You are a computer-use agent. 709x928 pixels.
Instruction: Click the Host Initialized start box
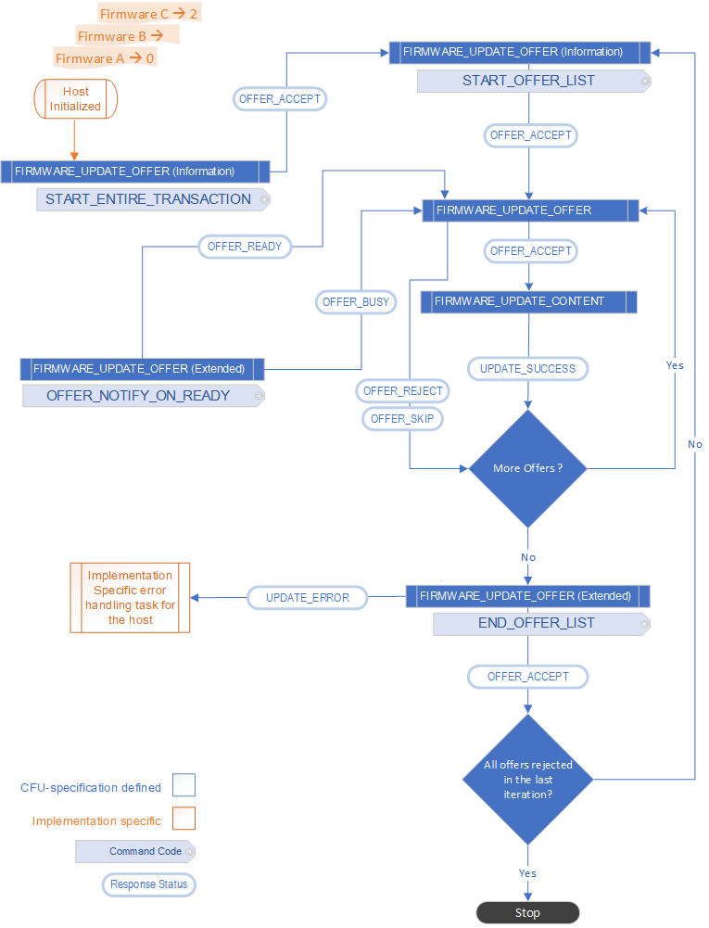[x=75, y=99]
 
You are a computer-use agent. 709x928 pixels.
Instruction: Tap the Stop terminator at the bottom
[x=527, y=913]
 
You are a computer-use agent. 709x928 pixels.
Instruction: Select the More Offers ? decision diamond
[x=528, y=468]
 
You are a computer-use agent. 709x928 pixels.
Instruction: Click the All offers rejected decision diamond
[x=528, y=779]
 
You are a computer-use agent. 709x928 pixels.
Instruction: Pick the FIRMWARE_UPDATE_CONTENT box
[x=528, y=301]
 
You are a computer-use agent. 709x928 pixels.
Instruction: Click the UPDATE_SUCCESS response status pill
[x=527, y=368]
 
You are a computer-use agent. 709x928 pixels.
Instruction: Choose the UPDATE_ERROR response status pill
[x=308, y=598]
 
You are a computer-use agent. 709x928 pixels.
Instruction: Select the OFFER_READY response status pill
[x=245, y=247]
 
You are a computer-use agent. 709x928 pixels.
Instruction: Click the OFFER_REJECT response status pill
[x=403, y=390]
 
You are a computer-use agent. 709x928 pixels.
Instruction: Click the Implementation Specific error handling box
[x=130, y=597]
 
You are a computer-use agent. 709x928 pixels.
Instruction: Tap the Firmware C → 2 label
[x=149, y=14]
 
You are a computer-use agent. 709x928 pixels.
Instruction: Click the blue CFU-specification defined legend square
[x=184, y=786]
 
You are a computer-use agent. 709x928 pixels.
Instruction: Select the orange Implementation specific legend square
[x=184, y=819]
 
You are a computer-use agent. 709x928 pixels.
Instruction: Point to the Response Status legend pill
[x=148, y=884]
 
